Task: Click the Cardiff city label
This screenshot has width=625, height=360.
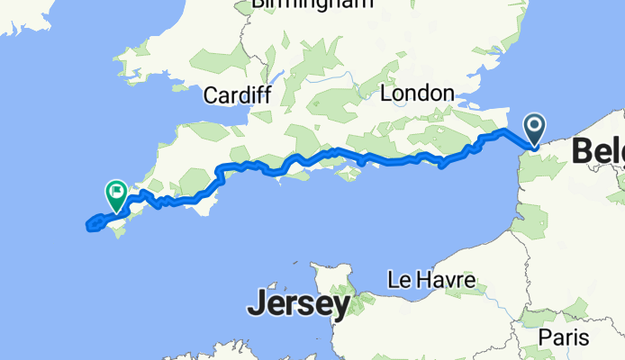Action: point(237,95)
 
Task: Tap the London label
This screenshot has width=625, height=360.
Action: point(417,94)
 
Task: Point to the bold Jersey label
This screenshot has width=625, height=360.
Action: point(298,305)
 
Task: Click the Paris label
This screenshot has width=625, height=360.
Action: point(563,337)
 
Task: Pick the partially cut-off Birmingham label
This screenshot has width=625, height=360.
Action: point(312,4)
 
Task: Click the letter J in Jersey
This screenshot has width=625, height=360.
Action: point(258,305)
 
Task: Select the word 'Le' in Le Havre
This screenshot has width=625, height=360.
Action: point(398,281)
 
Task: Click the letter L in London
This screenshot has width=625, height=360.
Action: point(387,94)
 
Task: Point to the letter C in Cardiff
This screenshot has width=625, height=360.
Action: point(211,95)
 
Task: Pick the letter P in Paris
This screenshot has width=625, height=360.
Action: point(544,337)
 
